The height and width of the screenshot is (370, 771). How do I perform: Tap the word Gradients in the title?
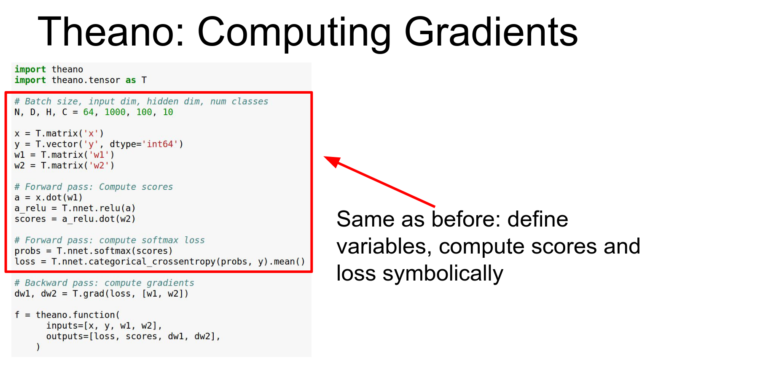pyautogui.click(x=491, y=32)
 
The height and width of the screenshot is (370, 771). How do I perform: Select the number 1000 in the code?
pyautogui.click(x=115, y=112)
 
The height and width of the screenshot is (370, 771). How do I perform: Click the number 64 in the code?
pyautogui.click(x=89, y=112)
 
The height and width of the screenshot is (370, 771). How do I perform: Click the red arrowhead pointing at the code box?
pyautogui.click(x=332, y=161)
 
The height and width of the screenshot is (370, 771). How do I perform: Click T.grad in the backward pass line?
pyautogui.click(x=89, y=294)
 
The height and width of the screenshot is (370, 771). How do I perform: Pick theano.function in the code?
pyautogui.click(x=75, y=315)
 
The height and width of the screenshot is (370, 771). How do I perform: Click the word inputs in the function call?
pyautogui.click(x=62, y=326)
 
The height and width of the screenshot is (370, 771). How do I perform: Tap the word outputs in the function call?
pyautogui.click(x=65, y=336)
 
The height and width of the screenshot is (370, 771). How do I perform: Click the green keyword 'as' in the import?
pyautogui.click(x=131, y=80)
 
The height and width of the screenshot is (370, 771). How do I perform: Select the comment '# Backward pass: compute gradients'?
pyautogui.click(x=105, y=283)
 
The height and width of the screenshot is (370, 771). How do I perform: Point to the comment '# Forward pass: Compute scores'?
pyautogui.click(x=94, y=187)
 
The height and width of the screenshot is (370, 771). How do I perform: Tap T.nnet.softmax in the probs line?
pyautogui.click(x=94, y=251)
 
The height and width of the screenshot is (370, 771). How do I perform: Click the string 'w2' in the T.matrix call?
pyautogui.click(x=99, y=165)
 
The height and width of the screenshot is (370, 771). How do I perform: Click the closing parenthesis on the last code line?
pyautogui.click(x=38, y=347)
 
